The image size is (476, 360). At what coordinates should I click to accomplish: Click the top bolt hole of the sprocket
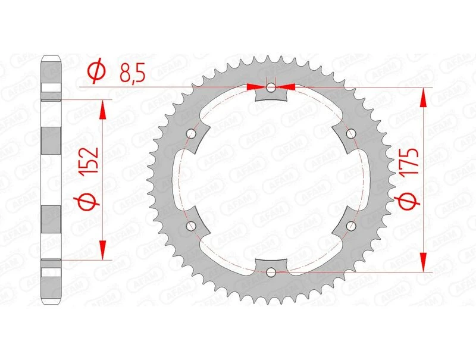click(271, 88)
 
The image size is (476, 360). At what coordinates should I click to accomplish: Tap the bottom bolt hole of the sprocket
click(271, 272)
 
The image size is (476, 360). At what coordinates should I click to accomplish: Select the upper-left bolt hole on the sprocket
click(191, 134)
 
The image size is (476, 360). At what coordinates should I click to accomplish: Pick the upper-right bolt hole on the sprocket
click(351, 134)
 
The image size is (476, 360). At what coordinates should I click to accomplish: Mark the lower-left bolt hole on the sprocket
click(191, 226)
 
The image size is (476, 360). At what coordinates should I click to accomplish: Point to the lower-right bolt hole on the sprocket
click(351, 226)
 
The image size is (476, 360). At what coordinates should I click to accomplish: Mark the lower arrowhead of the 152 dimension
click(104, 251)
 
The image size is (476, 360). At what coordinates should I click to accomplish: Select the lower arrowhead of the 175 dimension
click(424, 262)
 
